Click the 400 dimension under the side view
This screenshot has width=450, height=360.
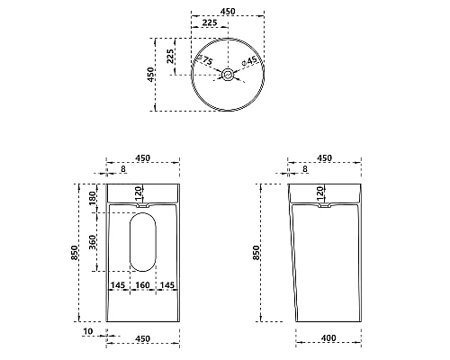(x=328, y=338)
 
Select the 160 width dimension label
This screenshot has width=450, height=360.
(x=142, y=285)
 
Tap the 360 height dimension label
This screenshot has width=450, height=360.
(x=93, y=242)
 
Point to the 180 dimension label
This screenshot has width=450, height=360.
(x=93, y=198)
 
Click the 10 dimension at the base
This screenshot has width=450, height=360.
(x=88, y=331)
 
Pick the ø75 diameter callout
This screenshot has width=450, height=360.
(x=204, y=59)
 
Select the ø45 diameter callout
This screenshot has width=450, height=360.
(x=249, y=61)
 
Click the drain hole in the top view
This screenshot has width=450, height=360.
(x=228, y=74)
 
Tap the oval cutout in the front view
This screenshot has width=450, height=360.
(x=143, y=242)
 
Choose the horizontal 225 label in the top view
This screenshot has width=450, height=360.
(x=210, y=22)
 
